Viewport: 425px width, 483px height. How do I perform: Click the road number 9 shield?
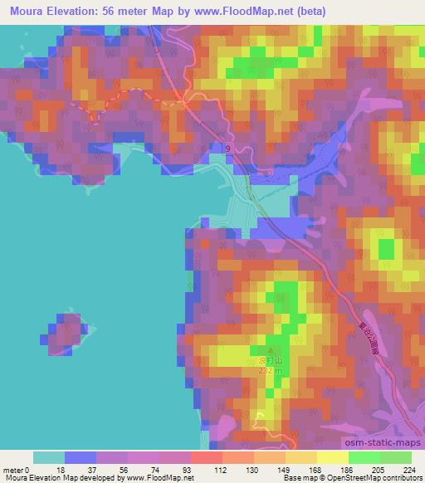[x=227, y=148]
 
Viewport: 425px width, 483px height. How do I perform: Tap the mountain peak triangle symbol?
[x=268, y=351]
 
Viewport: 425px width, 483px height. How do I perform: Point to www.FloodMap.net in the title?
[x=236, y=12]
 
